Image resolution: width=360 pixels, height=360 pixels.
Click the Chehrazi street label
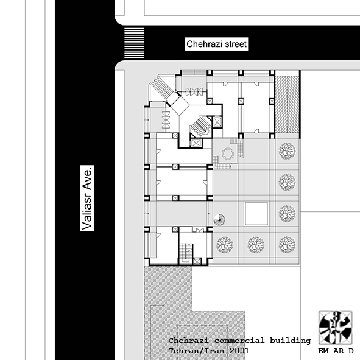[216, 44]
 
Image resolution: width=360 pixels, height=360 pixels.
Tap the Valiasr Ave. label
[87, 198]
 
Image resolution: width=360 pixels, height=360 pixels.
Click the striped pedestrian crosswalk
[134, 43]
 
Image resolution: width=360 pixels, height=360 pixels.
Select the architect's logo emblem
[335, 328]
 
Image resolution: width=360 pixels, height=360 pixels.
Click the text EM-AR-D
[336, 351]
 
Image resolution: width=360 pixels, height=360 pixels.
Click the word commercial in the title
[239, 341]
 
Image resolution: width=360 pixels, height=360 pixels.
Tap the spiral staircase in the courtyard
[219, 220]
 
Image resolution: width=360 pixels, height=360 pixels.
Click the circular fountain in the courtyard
[228, 154]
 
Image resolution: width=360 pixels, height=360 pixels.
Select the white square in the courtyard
[256, 214]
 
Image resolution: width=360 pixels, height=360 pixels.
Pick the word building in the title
[290, 341]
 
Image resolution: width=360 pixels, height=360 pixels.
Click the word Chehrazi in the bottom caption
[188, 341]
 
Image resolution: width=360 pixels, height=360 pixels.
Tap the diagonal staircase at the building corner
[162, 88]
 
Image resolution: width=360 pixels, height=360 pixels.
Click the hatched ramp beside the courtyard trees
[287, 104]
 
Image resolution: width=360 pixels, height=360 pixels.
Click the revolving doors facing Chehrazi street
[194, 91]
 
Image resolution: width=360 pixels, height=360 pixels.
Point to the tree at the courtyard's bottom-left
[225, 245]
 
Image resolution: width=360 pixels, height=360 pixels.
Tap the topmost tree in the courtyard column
[287, 151]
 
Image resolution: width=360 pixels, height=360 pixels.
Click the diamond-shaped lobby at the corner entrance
[180, 105]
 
